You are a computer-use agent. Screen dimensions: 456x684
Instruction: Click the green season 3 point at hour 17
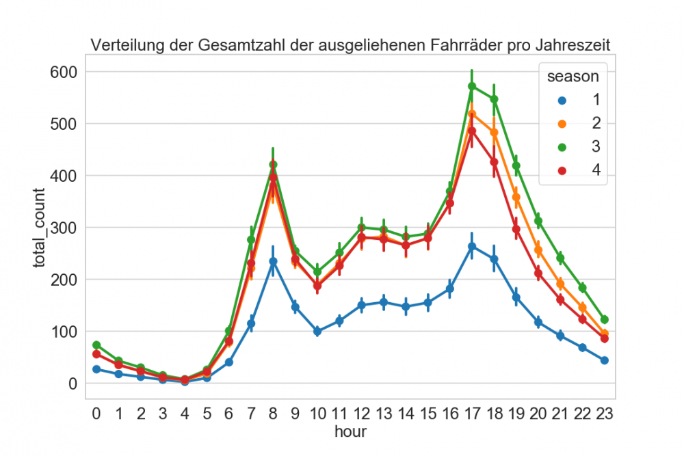coord(472,86)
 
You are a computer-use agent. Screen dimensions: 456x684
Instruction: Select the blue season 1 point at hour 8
coord(274,262)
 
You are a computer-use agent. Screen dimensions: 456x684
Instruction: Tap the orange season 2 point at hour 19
coord(516,198)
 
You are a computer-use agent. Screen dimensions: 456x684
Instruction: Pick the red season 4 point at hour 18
coord(494,162)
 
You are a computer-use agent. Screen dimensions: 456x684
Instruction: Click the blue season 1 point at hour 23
coord(605,360)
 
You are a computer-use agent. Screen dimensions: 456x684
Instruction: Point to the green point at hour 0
coord(96,345)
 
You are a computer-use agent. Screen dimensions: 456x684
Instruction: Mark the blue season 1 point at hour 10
coord(317,332)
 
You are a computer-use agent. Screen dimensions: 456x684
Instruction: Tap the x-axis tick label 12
coord(362,414)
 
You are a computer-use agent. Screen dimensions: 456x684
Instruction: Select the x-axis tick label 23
coord(605,414)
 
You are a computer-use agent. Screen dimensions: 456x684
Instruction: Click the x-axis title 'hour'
coord(350,431)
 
